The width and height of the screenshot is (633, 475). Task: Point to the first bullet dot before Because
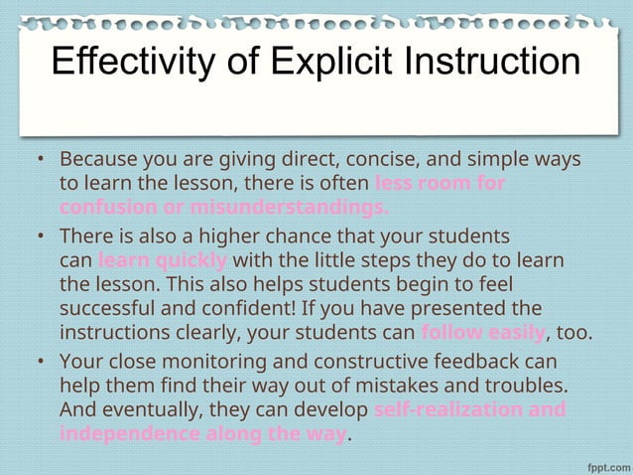click(38, 160)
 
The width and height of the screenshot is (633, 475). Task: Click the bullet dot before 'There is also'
click(38, 237)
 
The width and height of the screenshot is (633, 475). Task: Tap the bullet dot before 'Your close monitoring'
click(38, 361)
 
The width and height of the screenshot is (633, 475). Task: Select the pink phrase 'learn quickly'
click(164, 261)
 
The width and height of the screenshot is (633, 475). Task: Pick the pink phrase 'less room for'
click(441, 184)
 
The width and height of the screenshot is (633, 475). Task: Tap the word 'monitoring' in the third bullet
click(238, 361)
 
